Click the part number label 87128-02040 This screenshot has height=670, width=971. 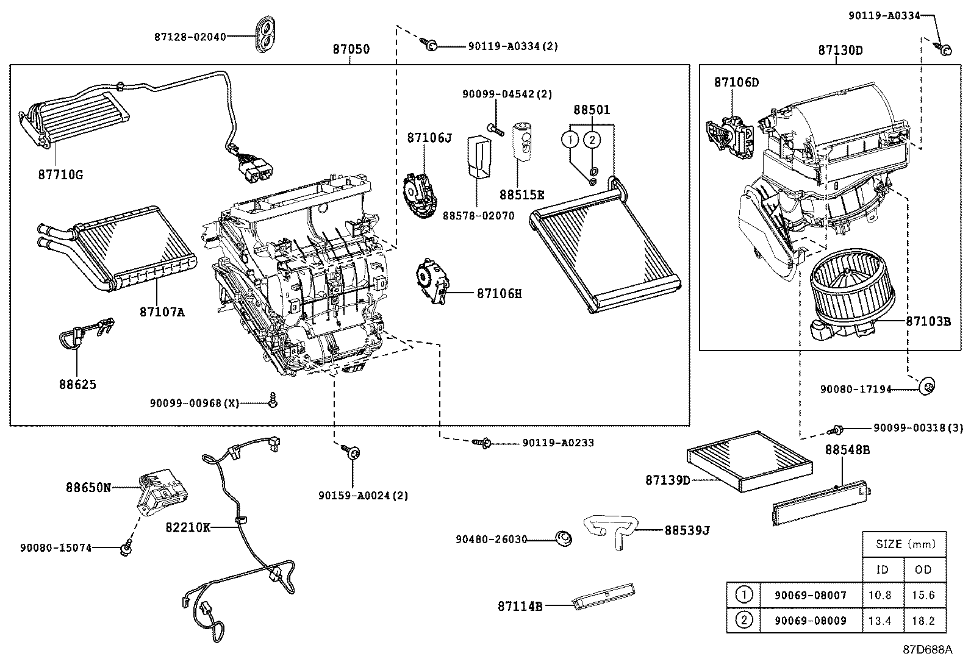pyautogui.click(x=190, y=37)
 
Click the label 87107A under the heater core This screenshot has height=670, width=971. pyautogui.click(x=162, y=312)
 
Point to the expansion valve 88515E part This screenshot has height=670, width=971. pyautogui.click(x=522, y=140)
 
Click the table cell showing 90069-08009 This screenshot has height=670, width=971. pyautogui.click(x=810, y=621)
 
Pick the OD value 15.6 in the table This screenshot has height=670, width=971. pyautogui.click(x=923, y=595)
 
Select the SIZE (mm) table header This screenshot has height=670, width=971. pyautogui.click(x=904, y=544)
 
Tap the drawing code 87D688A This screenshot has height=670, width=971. pyautogui.click(x=927, y=649)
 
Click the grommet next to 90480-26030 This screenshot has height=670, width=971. pyautogui.click(x=564, y=538)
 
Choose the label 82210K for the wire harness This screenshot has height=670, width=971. pyautogui.click(x=187, y=527)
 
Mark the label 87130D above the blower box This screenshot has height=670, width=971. pyautogui.click(x=840, y=51)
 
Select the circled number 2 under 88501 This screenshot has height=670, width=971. pyautogui.click(x=591, y=140)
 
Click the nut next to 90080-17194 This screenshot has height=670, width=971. pyautogui.click(x=927, y=386)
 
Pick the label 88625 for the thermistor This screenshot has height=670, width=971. pyautogui.click(x=77, y=385)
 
